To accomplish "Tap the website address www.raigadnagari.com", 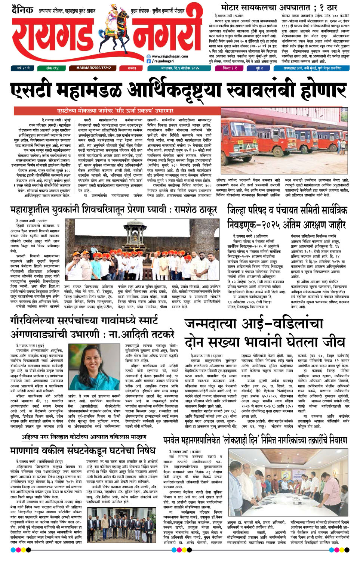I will click(x=167, y=56).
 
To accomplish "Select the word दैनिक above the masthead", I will click(x=22, y=9).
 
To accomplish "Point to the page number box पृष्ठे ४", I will click(x=259, y=68).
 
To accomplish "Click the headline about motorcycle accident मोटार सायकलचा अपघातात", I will click(x=279, y=7).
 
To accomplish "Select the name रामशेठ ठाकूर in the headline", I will click(x=196, y=210).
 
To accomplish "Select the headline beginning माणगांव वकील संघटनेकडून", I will click(x=82, y=450).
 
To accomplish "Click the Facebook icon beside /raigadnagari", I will click(x=148, y=61).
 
